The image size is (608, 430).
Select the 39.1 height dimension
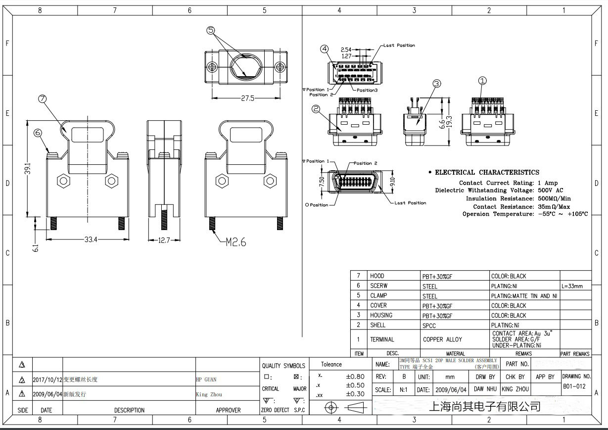(29, 168)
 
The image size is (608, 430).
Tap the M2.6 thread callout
(235, 242)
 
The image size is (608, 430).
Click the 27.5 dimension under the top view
(248, 98)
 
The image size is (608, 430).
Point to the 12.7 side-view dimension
(165, 240)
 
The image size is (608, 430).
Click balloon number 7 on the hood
(43, 98)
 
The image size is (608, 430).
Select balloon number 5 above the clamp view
(211, 31)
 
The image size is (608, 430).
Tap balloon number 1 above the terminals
(483, 81)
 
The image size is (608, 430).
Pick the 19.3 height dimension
(449, 121)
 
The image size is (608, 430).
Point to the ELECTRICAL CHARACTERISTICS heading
(487, 172)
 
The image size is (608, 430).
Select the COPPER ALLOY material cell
(442, 339)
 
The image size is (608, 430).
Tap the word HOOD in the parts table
(377, 276)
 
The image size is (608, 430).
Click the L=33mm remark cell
(572, 286)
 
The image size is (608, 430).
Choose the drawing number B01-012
(574, 386)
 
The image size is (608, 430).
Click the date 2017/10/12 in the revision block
(47, 380)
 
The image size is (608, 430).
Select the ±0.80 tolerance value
(355, 377)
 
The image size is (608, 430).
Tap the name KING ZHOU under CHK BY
(514, 389)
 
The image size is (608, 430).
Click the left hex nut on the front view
(63, 181)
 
